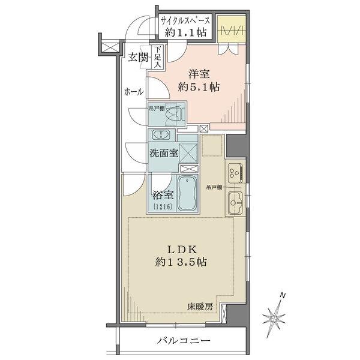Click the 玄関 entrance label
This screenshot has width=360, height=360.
click(x=137, y=57)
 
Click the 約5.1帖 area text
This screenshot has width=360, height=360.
click(x=199, y=87)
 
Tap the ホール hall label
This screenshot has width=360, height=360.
click(x=133, y=92)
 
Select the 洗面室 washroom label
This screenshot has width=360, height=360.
click(x=164, y=152)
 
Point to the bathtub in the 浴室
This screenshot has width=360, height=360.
click(x=191, y=194)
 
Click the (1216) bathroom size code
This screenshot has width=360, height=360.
click(x=162, y=207)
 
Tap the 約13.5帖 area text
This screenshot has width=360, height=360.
click(x=182, y=262)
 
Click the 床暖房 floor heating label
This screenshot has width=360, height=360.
click(x=199, y=307)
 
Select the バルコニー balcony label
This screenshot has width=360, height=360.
click(x=184, y=341)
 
